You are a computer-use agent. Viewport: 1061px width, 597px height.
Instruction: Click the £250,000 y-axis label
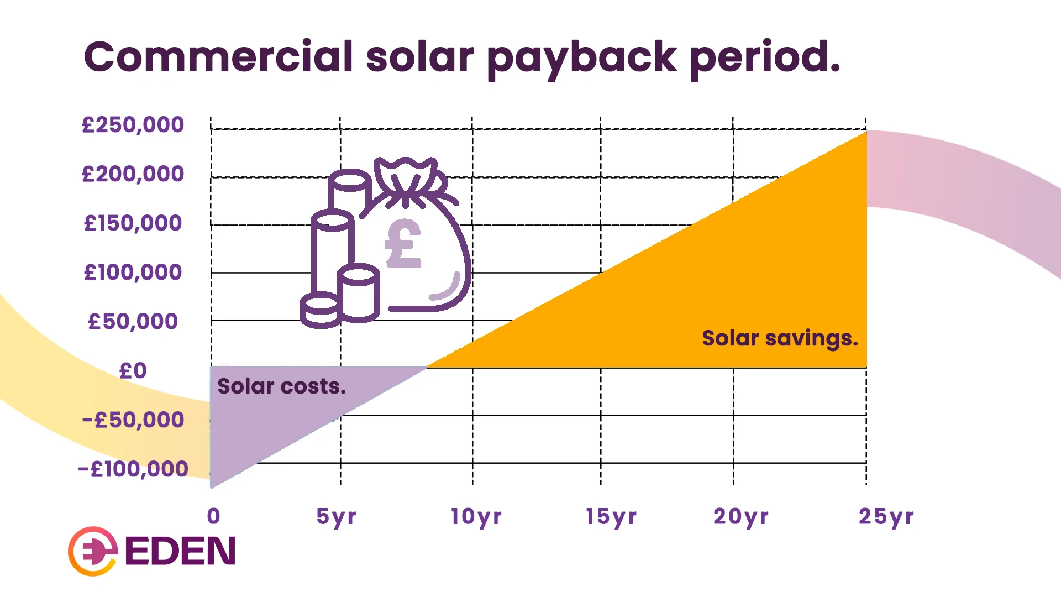click(x=133, y=125)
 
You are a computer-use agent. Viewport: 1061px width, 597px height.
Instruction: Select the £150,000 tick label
click(x=133, y=223)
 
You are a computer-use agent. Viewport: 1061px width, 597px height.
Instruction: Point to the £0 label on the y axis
click(x=133, y=371)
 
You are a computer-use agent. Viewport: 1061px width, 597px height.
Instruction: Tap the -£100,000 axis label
click(x=133, y=469)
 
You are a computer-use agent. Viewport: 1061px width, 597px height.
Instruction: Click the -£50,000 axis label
click(x=133, y=420)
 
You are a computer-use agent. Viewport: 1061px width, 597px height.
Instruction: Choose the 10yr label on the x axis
click(x=476, y=517)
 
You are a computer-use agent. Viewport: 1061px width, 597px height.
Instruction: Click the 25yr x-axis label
click(x=886, y=517)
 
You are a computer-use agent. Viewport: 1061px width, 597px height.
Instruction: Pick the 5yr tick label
click(x=336, y=517)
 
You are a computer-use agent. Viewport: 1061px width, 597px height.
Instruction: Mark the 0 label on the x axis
click(x=214, y=516)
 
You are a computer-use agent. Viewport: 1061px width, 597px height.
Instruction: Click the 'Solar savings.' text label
click(x=780, y=338)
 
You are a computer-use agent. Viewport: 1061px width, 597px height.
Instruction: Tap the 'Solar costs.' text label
click(x=281, y=386)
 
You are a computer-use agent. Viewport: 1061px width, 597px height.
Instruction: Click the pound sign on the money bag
click(x=403, y=244)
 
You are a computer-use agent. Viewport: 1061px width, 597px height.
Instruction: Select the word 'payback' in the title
click(x=581, y=59)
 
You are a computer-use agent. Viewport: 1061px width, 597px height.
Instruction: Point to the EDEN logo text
click(x=180, y=551)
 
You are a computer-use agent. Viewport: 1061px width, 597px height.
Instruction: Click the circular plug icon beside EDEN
click(x=93, y=551)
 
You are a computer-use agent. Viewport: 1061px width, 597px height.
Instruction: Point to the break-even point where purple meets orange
click(x=427, y=367)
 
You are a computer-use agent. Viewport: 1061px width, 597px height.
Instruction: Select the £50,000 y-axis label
click(x=133, y=322)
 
